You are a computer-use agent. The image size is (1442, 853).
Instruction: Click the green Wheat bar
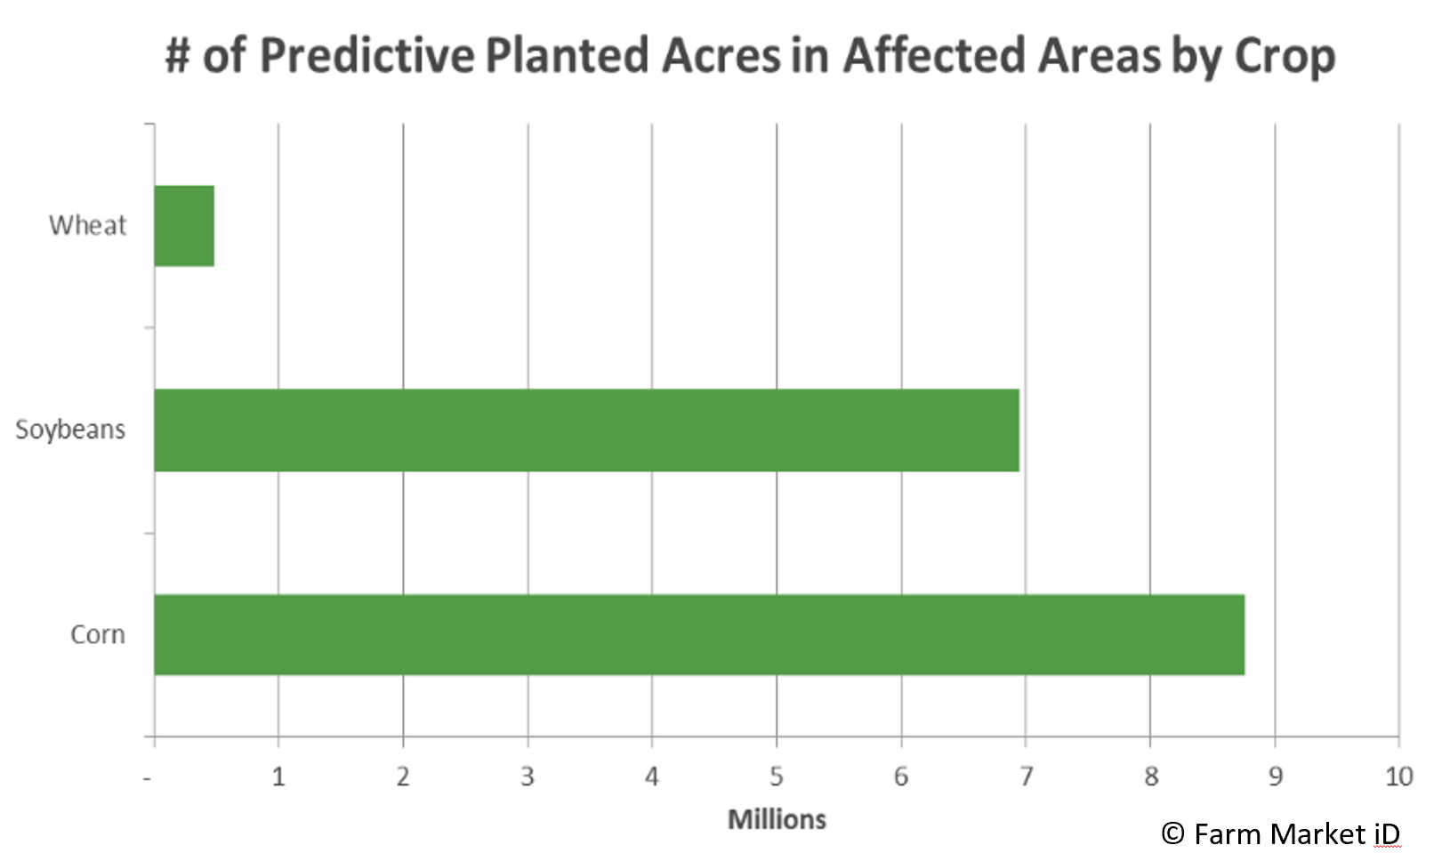pos(184,225)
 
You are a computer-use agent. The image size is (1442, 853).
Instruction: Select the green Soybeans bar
pos(587,430)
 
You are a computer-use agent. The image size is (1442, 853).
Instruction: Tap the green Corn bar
pos(700,635)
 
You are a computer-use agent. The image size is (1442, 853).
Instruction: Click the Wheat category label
pos(87,225)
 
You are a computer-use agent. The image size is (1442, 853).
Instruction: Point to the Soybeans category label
pos(70,430)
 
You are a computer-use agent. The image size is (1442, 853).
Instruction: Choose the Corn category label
pos(97,635)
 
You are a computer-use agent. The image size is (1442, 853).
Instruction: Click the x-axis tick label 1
pos(278,777)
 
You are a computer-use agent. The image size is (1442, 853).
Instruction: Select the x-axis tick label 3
pos(528,777)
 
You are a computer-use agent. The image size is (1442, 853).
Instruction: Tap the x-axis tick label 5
pos(777,777)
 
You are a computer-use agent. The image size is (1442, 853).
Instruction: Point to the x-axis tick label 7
pos(1027,777)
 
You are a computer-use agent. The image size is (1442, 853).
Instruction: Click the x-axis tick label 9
pos(1276,777)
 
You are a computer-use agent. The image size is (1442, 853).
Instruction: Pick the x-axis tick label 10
pos(1399,777)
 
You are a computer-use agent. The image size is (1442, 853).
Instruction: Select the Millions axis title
pos(777,819)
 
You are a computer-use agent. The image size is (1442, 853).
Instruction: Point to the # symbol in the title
pos(178,56)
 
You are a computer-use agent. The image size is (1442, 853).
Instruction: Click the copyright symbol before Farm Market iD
pos(1173,833)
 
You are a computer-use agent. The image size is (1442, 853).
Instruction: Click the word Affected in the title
pos(933,55)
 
